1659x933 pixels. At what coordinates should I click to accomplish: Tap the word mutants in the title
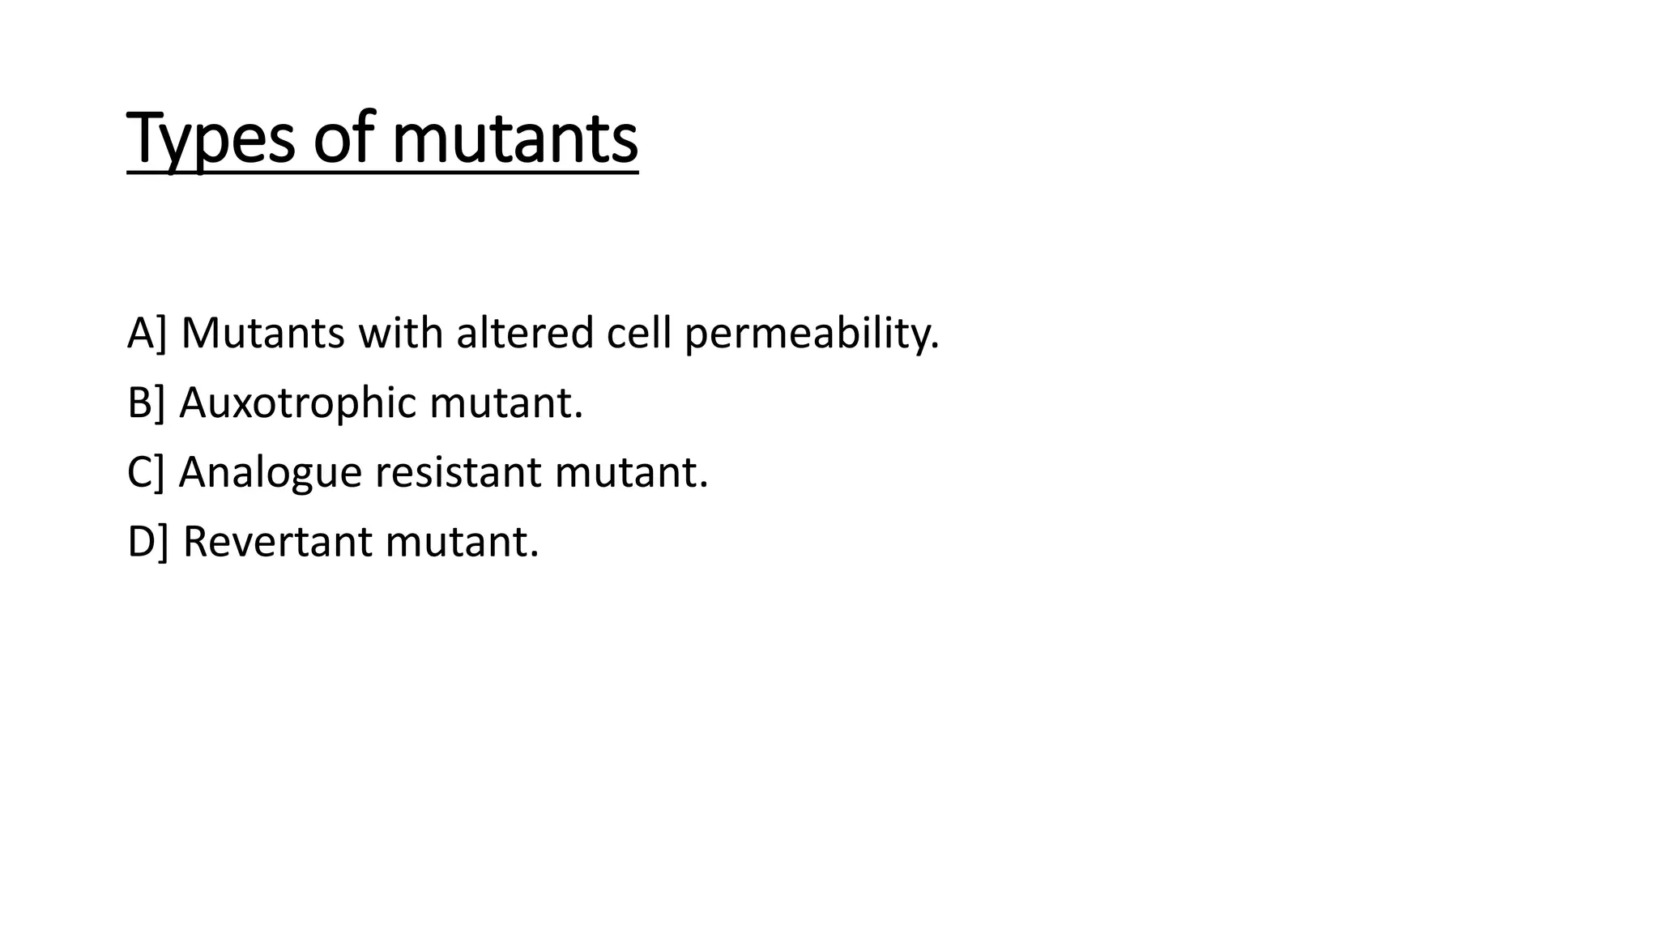click(515, 139)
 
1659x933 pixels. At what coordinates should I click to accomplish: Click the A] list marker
click(146, 333)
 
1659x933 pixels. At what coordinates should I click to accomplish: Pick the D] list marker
click(147, 542)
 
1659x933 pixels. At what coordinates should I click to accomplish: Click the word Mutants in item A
click(262, 333)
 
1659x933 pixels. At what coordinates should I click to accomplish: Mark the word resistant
click(458, 472)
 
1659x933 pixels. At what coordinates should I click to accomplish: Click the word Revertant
click(277, 542)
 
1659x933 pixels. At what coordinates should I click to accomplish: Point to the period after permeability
click(936, 347)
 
